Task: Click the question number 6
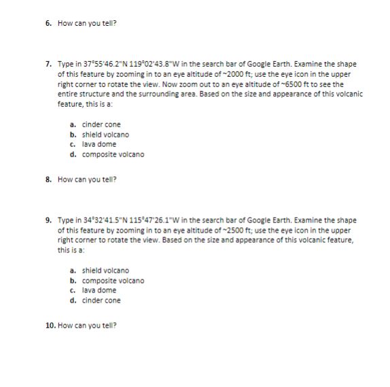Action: (x=48, y=22)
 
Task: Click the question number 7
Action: (x=48, y=64)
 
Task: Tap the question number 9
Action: (x=48, y=221)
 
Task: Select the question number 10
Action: (x=50, y=325)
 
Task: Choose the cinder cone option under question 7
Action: (x=101, y=124)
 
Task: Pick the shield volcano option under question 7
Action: (x=105, y=135)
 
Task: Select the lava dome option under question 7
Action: (x=99, y=144)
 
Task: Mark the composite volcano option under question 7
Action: (x=113, y=154)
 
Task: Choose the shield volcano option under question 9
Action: (x=105, y=271)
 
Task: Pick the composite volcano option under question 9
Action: (x=113, y=281)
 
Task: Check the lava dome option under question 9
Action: (x=99, y=290)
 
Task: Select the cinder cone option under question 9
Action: (x=101, y=301)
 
